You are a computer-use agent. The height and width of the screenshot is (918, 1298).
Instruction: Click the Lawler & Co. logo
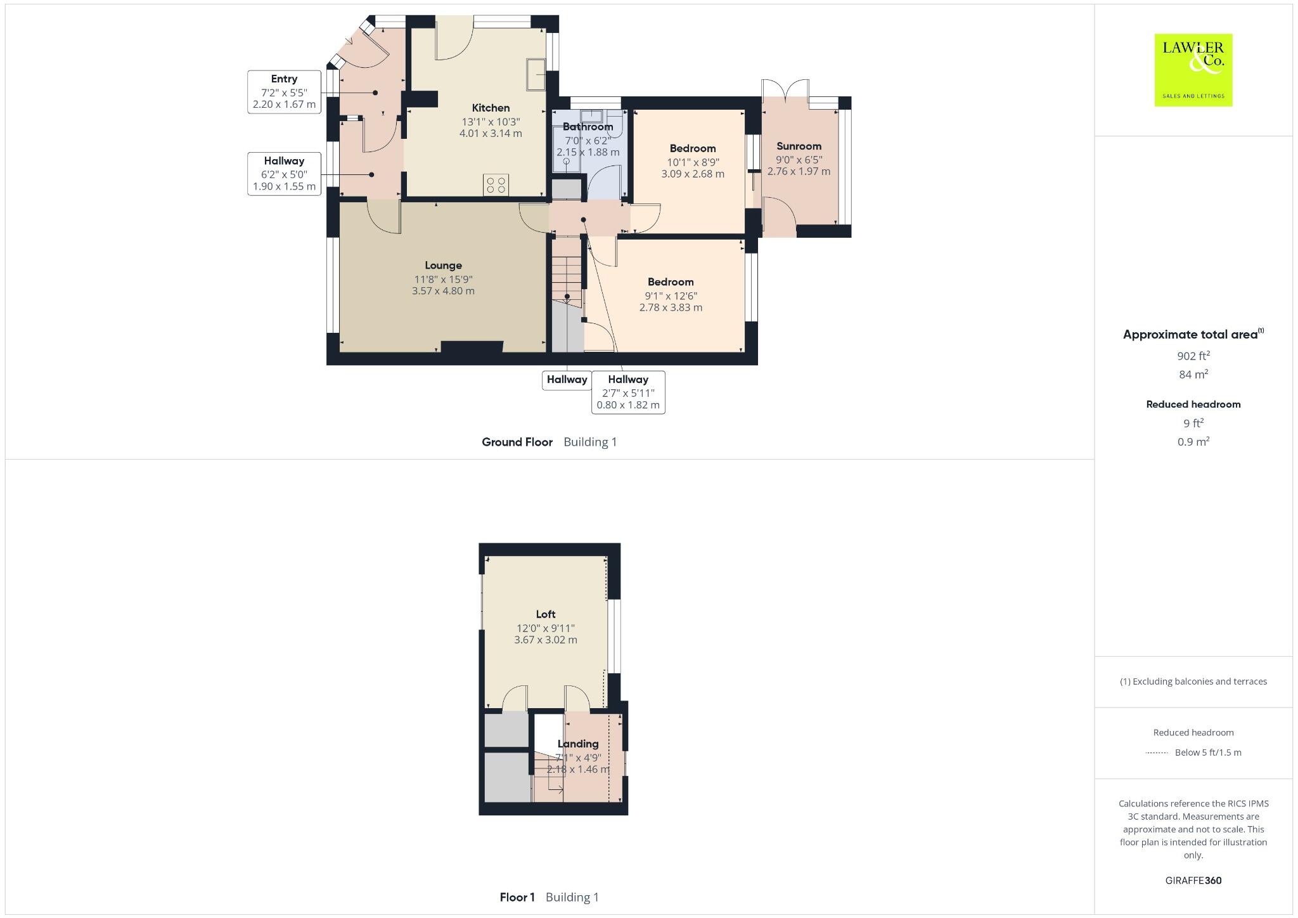point(1193,70)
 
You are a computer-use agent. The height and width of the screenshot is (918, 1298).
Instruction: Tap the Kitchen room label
point(491,108)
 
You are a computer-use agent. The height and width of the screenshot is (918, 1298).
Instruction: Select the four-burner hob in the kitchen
point(496,184)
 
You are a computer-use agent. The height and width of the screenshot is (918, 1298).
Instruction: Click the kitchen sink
point(536,74)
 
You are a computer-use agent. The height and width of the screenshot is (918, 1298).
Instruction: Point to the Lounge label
point(443,265)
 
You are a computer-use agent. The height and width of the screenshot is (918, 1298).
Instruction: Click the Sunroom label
point(799,146)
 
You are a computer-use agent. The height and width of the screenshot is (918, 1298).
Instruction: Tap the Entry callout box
point(284,92)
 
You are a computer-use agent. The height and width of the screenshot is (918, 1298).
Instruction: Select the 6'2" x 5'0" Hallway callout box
point(284,174)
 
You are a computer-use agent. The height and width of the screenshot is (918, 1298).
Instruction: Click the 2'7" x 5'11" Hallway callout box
point(627,392)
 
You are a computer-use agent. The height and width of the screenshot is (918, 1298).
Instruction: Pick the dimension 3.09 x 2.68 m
point(692,174)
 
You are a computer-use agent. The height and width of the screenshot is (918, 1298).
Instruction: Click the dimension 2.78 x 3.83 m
point(671,307)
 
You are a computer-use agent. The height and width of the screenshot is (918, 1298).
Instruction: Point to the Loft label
point(545,614)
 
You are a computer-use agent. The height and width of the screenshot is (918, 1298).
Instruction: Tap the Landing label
point(577,744)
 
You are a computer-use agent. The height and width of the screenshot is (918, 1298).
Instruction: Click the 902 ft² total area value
point(1193,356)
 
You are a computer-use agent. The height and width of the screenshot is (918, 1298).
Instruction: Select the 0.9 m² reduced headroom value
point(1193,442)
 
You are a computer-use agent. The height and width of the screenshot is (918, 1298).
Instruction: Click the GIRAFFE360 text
point(1193,880)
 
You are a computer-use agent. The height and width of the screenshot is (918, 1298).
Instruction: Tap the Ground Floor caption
point(517,442)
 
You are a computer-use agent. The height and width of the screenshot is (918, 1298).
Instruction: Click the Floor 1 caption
point(517,897)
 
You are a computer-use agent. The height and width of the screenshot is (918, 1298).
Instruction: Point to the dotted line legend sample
point(1157,753)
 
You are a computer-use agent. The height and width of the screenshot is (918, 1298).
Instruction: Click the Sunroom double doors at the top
point(785,90)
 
